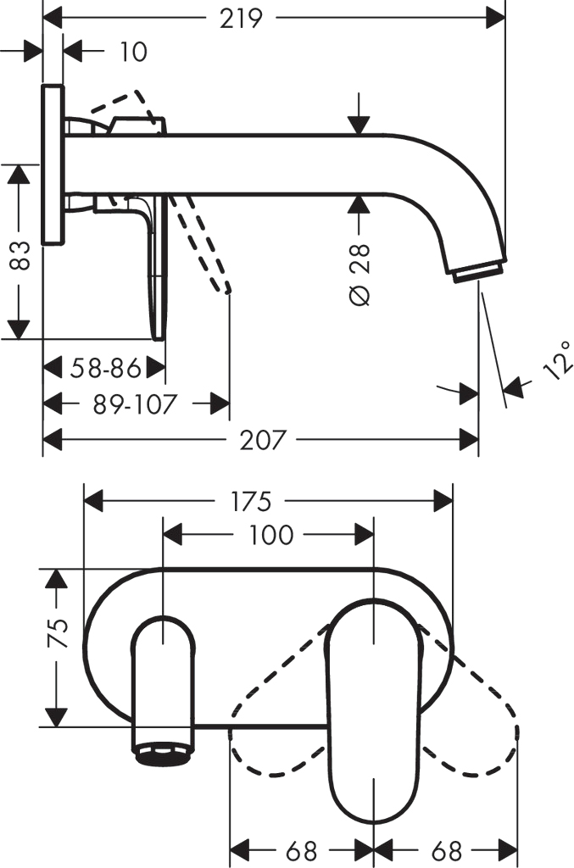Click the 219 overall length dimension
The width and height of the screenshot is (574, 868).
(x=241, y=18)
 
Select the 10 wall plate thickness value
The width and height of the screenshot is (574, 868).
(x=132, y=52)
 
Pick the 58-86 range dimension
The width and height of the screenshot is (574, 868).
(x=103, y=368)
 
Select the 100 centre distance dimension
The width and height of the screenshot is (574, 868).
(x=272, y=535)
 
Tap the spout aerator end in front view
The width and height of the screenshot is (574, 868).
(x=163, y=754)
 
